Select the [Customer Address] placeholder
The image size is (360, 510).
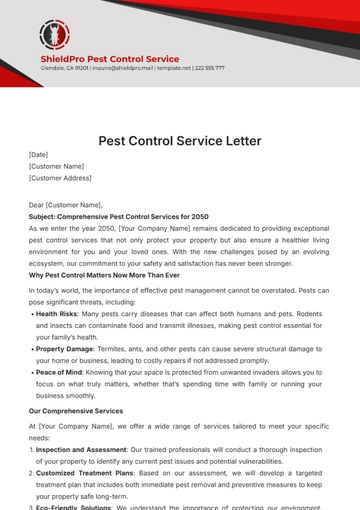[x=60, y=178]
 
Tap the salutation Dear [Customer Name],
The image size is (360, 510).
[x=68, y=202]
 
